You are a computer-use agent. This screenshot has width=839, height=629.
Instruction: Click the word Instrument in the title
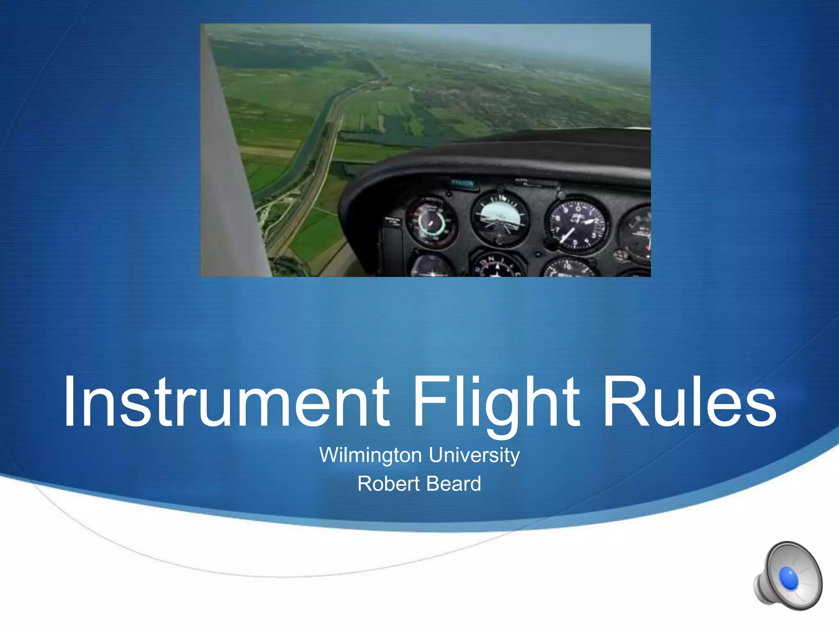[226, 402]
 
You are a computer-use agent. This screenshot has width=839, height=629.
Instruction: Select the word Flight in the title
[496, 402]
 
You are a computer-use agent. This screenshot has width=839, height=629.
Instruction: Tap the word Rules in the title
[689, 402]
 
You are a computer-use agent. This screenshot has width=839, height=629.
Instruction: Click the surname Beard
[455, 484]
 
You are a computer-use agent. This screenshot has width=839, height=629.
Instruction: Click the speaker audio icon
[787, 576]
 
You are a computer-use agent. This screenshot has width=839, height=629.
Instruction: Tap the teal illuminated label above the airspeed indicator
[463, 183]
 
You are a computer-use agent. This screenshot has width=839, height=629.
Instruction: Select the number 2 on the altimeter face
[596, 222]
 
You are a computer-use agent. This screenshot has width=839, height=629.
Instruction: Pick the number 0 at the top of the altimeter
[578, 209]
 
